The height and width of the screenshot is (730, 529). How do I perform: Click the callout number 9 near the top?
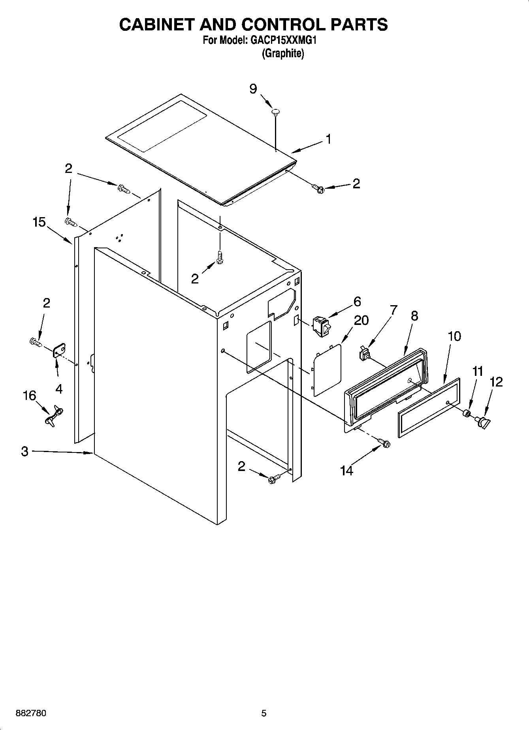click(253, 89)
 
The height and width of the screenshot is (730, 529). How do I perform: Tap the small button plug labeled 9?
click(276, 112)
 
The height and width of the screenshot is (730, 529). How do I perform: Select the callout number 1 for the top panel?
click(328, 139)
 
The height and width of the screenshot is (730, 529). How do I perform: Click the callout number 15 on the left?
click(39, 222)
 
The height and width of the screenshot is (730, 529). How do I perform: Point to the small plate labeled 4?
click(60, 350)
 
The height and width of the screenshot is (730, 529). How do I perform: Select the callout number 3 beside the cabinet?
click(25, 451)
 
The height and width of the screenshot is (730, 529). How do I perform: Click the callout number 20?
click(361, 320)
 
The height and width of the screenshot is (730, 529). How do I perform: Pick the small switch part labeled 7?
click(364, 353)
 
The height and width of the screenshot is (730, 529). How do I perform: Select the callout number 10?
click(454, 336)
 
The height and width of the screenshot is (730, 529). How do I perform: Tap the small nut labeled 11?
click(466, 413)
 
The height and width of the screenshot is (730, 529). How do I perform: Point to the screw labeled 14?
click(384, 443)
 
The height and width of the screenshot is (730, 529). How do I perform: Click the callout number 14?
click(346, 471)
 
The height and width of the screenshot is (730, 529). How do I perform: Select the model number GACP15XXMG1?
click(283, 40)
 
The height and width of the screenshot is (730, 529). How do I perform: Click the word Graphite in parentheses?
click(283, 54)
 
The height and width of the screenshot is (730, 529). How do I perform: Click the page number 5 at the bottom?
click(264, 713)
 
